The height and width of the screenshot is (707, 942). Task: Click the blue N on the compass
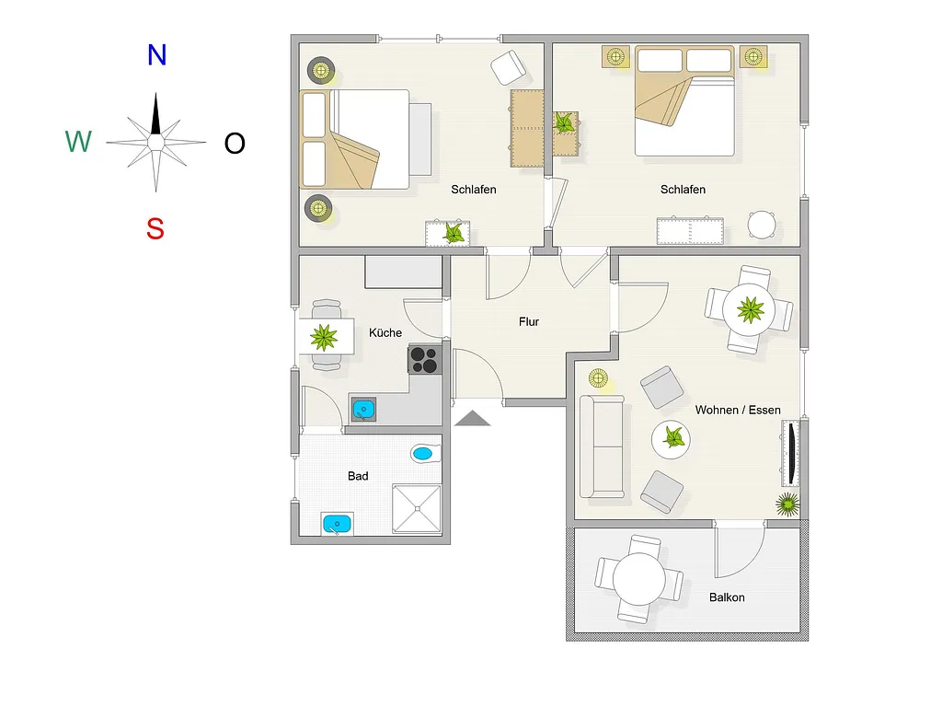click(156, 54)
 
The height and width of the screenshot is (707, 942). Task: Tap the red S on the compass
click(155, 228)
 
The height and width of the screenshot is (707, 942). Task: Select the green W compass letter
click(78, 142)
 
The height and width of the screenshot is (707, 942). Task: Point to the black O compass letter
click(235, 143)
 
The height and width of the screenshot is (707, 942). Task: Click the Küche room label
click(385, 332)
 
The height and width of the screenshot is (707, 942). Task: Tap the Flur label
click(529, 321)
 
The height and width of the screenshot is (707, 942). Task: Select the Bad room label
click(358, 476)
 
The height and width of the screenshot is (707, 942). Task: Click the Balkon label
click(727, 597)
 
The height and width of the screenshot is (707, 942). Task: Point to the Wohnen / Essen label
click(738, 410)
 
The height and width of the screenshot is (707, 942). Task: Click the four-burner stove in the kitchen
click(425, 360)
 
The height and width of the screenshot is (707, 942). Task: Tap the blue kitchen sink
click(363, 410)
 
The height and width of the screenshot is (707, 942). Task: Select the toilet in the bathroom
click(425, 453)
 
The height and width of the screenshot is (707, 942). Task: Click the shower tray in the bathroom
click(417, 508)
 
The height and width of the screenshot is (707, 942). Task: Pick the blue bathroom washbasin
click(337, 524)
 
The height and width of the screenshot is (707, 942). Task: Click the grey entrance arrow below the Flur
click(472, 418)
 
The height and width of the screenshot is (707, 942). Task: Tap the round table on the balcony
click(638, 579)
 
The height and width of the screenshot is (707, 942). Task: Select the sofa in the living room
click(602, 446)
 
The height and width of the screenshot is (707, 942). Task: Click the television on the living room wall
click(791, 453)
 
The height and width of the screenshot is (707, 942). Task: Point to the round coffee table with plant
click(671, 439)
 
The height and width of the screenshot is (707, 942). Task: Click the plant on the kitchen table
click(324, 337)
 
